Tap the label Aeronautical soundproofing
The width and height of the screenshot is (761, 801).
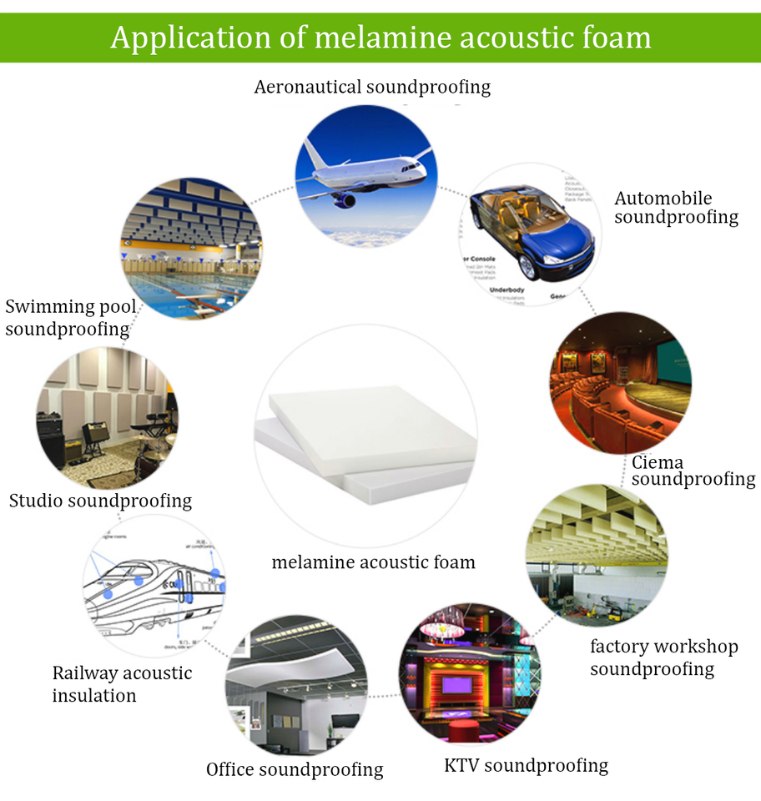[x=372, y=87]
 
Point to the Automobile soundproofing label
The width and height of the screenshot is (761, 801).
[x=676, y=208]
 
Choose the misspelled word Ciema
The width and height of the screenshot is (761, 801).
[x=657, y=462]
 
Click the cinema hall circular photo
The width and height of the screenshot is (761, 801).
[x=619, y=383]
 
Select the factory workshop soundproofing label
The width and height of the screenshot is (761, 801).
[x=663, y=657]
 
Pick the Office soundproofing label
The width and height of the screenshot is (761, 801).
[x=295, y=769]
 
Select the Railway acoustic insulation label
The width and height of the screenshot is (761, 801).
[x=122, y=683]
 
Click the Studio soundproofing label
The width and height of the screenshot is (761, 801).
[x=100, y=501]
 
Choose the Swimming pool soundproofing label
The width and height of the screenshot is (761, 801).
[x=70, y=318]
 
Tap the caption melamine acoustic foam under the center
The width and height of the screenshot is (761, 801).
[x=373, y=562]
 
